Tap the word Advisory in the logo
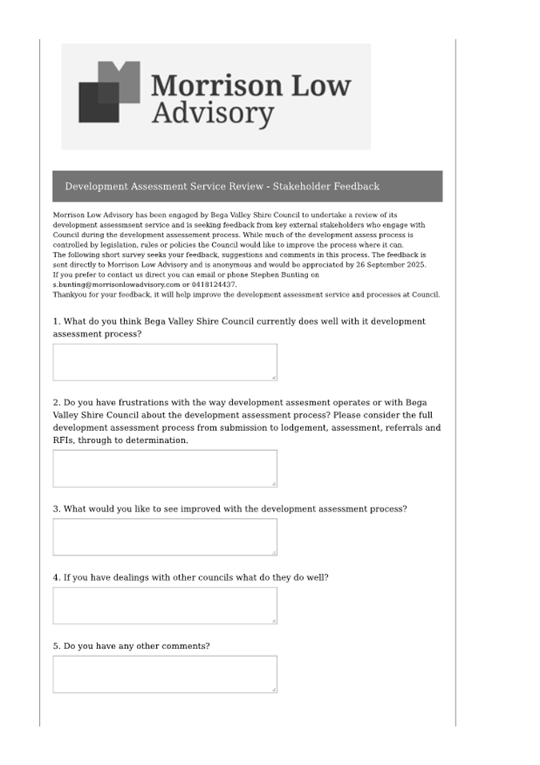[212, 114]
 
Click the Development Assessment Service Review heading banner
[247, 186]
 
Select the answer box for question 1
[165, 362]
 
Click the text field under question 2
[165, 468]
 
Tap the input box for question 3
[165, 536]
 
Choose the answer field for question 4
[165, 605]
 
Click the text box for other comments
[165, 674]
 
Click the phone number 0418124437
[214, 285]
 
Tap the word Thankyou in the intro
[70, 294]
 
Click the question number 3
[56, 508]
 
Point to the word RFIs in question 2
[63, 440]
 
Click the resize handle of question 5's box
[274, 689]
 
